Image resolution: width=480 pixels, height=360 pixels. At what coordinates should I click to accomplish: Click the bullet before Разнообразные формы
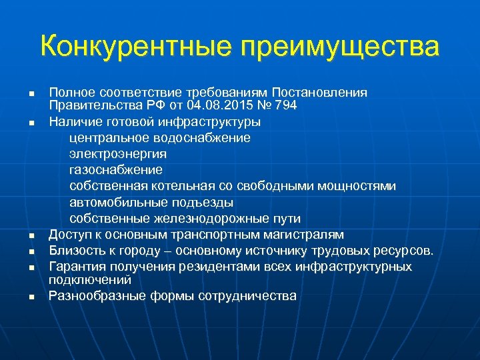tap(31, 297)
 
